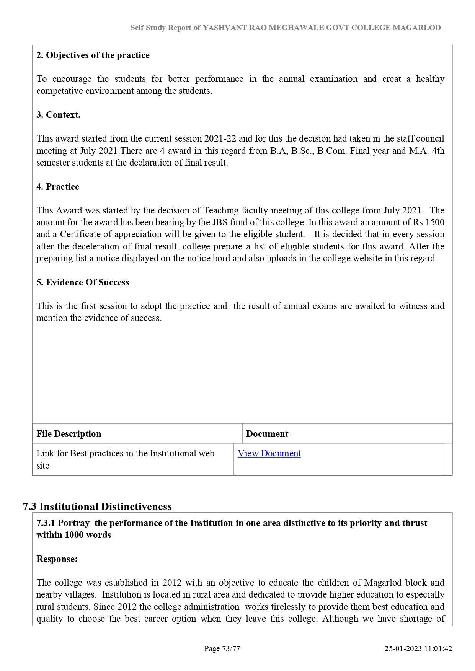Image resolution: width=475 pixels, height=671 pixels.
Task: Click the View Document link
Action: click(269, 453)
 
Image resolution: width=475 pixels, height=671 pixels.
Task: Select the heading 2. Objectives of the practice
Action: click(93, 55)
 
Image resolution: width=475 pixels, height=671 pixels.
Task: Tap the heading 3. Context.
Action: click(58, 115)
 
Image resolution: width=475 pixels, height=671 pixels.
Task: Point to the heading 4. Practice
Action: click(58, 187)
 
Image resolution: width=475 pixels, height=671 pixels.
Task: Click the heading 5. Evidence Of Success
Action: click(83, 282)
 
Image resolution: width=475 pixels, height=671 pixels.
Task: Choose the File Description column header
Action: click(69, 434)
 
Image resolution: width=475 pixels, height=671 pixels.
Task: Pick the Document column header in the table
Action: click(267, 434)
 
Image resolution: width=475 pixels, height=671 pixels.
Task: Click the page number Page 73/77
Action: click(222, 648)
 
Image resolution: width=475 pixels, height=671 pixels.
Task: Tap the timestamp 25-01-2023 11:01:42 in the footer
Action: click(418, 648)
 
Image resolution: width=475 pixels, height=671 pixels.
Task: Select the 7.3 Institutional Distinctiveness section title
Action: click(97, 507)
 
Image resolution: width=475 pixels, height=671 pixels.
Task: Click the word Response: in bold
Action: click(57, 559)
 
